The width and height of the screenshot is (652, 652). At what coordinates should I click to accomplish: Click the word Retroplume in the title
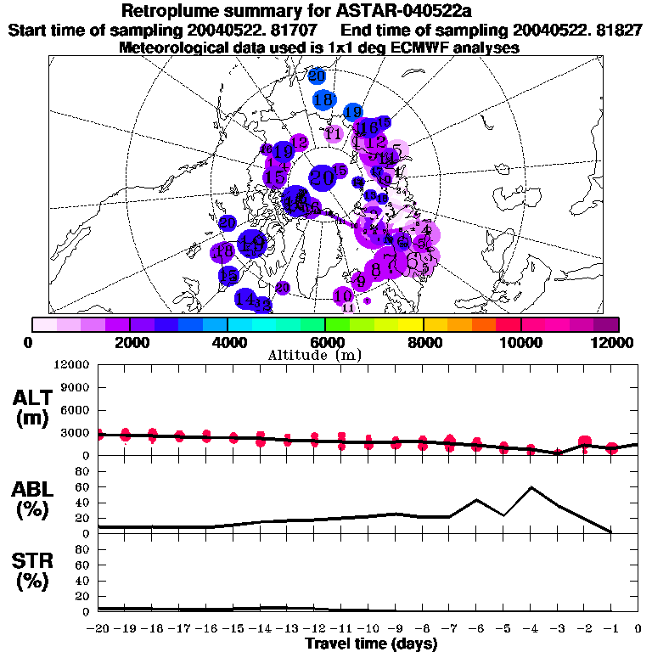click(x=168, y=12)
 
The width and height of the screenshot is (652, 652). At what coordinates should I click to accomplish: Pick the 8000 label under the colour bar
click(x=423, y=342)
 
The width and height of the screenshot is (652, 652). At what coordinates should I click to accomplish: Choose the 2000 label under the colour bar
click(x=129, y=342)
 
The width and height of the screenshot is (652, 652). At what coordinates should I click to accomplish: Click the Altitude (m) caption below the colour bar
click(x=323, y=355)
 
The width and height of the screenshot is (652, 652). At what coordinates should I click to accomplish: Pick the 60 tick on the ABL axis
click(x=84, y=487)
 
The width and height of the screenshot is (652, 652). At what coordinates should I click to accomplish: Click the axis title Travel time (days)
click(x=371, y=644)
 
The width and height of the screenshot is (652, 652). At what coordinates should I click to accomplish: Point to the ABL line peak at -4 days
click(x=531, y=487)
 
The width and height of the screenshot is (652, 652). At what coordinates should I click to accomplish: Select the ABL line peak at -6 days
click(x=477, y=500)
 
